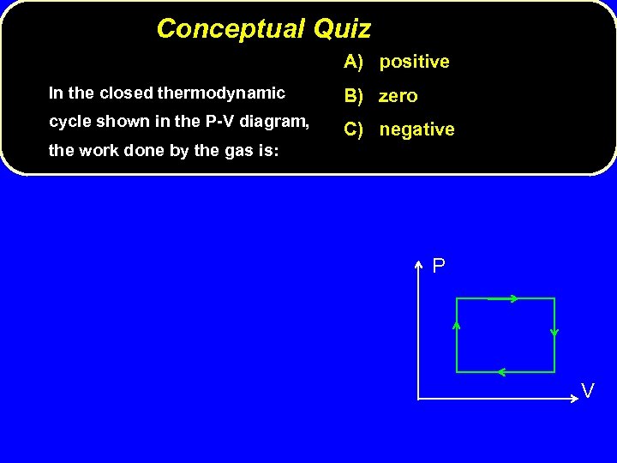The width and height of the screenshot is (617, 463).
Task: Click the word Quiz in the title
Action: (x=342, y=29)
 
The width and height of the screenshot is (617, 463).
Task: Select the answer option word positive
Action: (x=414, y=62)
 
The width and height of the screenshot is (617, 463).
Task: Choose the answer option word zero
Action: (x=398, y=96)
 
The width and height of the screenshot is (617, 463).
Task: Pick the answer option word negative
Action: (x=416, y=129)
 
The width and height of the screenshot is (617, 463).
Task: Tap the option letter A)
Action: (x=356, y=62)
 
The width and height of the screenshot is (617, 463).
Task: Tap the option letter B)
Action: (x=356, y=96)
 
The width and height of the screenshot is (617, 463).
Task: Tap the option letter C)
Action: (x=356, y=129)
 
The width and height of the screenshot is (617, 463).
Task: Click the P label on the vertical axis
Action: (x=439, y=267)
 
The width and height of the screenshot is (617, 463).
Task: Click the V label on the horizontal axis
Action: (x=588, y=391)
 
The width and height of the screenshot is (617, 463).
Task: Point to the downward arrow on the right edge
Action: (x=554, y=332)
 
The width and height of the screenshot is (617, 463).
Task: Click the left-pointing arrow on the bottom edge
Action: (x=500, y=372)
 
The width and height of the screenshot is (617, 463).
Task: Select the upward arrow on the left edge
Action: (x=457, y=326)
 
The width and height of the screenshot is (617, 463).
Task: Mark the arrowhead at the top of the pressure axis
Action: (x=417, y=264)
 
